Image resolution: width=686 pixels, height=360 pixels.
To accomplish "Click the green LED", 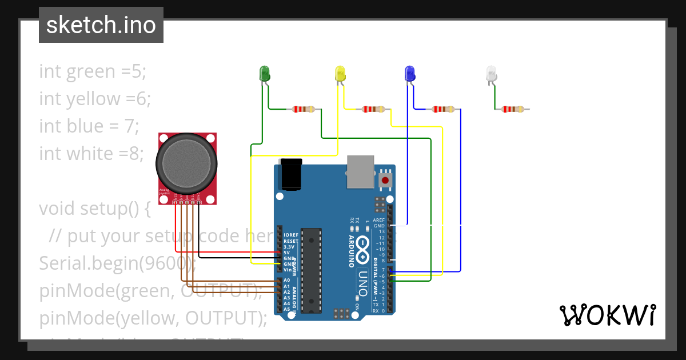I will [x=265, y=73].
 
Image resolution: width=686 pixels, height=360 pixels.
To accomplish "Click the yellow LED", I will [x=340, y=73].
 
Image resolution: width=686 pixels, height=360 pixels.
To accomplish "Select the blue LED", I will [x=409, y=73].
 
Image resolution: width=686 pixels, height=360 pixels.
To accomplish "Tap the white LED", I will [x=491, y=73].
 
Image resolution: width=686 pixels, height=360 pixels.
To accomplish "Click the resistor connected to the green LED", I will [x=303, y=109].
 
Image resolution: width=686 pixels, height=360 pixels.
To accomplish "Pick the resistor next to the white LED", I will [x=513, y=109].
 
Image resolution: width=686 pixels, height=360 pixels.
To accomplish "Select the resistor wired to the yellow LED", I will [x=373, y=109].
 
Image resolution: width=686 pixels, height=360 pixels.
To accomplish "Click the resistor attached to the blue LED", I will [x=443, y=109].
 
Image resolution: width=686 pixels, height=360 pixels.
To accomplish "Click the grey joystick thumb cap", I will [x=188, y=163].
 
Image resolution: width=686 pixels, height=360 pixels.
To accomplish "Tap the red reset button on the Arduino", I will [x=385, y=181].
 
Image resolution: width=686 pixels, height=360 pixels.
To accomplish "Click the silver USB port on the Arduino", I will [x=361, y=171].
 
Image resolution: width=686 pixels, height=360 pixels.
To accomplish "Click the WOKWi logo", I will [x=607, y=315].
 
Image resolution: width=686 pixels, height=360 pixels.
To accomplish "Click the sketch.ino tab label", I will [x=101, y=25].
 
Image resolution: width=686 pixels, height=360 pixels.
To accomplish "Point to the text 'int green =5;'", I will [x=93, y=71].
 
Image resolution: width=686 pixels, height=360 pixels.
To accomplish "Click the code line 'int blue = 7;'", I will [x=89, y=126].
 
